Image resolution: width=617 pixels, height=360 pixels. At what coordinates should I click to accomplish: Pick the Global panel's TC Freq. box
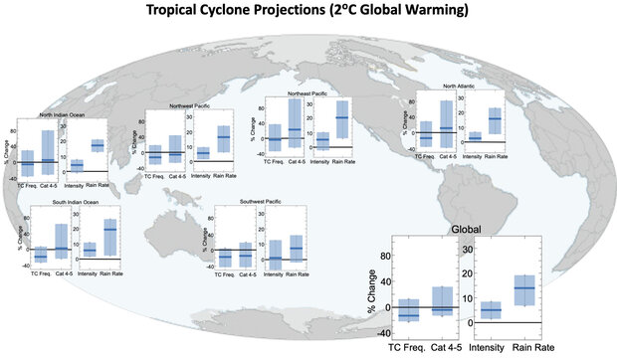pyautogui.click(x=409, y=309)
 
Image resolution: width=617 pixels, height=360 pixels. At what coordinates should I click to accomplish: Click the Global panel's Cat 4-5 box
pyautogui.click(x=443, y=301)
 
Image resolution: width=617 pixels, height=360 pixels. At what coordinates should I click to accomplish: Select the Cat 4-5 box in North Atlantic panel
pyautogui.click(x=447, y=123)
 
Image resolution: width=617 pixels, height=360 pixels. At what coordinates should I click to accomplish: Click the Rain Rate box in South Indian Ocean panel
pyautogui.click(x=110, y=238)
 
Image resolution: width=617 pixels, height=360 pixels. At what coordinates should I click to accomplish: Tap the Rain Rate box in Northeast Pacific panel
pyautogui.click(x=342, y=119)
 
